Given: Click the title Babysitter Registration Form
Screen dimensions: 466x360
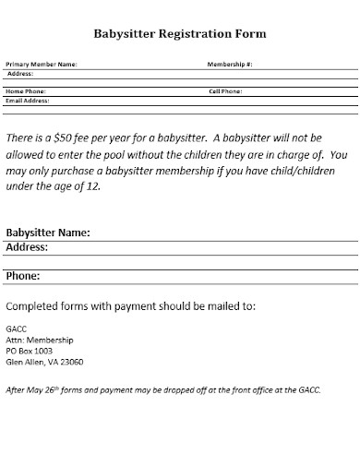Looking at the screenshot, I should click(180, 34).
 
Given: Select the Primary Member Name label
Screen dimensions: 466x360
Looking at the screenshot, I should click(42, 65).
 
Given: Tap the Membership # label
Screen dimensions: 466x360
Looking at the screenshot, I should click(231, 65).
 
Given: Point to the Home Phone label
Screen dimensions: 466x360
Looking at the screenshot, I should click(26, 92).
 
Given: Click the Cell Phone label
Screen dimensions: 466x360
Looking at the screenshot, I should click(226, 92).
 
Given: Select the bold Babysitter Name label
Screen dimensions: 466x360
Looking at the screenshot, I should click(48, 233).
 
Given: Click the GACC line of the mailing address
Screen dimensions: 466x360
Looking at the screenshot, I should click(16, 329).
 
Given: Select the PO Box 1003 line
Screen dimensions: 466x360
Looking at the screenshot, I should click(30, 351).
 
